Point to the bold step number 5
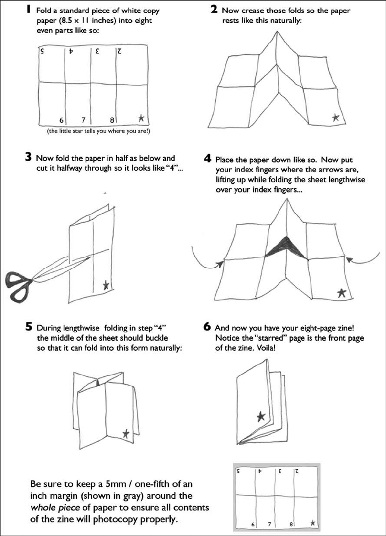[x=29, y=326]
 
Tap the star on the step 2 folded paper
[x=336, y=118]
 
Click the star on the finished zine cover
[x=261, y=416]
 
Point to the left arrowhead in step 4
[x=221, y=263]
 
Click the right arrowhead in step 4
[x=349, y=260]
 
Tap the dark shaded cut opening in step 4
[x=284, y=247]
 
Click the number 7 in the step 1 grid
[x=84, y=120]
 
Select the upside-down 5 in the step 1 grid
[x=42, y=51]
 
